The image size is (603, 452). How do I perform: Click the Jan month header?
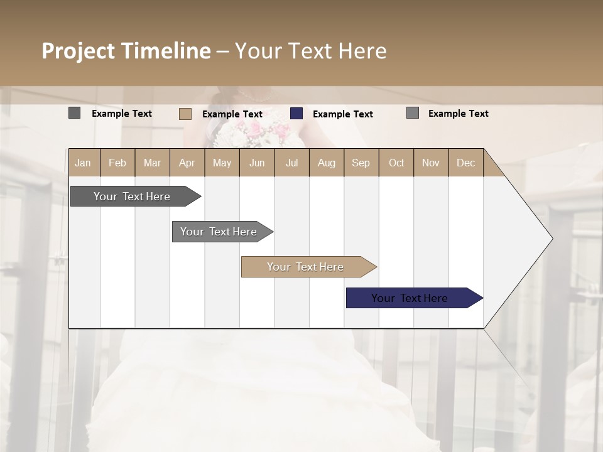84,163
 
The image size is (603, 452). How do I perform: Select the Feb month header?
117,163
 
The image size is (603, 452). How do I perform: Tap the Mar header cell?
152,163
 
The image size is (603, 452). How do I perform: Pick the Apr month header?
187,163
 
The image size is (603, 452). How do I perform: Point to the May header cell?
222,163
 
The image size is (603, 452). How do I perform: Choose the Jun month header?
257,163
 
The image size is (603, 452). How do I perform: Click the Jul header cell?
291,163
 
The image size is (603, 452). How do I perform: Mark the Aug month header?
327,163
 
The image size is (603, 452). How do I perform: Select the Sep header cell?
361,163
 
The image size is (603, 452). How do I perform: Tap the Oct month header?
396,163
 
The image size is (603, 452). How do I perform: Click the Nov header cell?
431,163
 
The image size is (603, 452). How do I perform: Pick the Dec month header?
466,163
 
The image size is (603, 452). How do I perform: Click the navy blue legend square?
296,114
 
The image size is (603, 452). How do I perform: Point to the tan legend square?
185,114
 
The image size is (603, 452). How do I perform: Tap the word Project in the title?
79,51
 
